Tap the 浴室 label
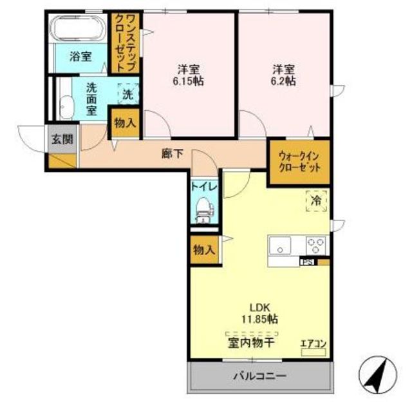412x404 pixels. tap(80, 57)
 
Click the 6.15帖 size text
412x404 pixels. tap(188, 81)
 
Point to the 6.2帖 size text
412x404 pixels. tap(283, 81)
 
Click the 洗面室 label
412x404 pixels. tap(91, 99)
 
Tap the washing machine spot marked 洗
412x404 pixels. tap(128, 94)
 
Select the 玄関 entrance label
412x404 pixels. tap(62, 139)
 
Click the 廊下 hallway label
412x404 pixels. tap(172, 153)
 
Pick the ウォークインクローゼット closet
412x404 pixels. tap(299, 162)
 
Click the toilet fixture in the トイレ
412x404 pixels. tap(205, 210)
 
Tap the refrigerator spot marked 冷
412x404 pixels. tap(316, 200)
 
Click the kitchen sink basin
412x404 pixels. tap(280, 245)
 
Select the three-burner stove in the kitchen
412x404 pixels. tap(316, 245)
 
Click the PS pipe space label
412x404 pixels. tap(307, 262)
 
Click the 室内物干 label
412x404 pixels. tap(252, 343)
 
